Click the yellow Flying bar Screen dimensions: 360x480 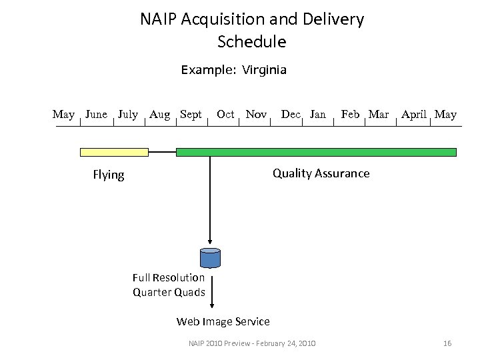pyautogui.click(x=113, y=152)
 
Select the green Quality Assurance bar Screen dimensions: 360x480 pyautogui.click(x=316, y=152)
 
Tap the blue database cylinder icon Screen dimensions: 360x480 pyautogui.click(x=211, y=257)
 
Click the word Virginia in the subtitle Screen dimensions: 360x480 pyautogui.click(x=264, y=69)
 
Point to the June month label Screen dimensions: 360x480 pyautogui.click(x=97, y=115)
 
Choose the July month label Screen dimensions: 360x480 pyautogui.click(x=128, y=115)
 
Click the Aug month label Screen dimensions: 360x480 pyautogui.click(x=159, y=115)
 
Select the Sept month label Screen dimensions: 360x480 pyautogui.click(x=191, y=115)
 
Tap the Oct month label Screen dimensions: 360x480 pyautogui.click(x=225, y=115)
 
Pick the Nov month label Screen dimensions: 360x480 pyautogui.click(x=256, y=115)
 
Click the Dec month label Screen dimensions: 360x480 pyautogui.click(x=291, y=115)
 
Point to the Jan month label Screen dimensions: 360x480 pyautogui.click(x=318, y=115)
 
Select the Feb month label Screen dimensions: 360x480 pyautogui.click(x=350, y=115)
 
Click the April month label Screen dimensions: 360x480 pyautogui.click(x=414, y=115)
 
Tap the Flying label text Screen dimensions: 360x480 pyautogui.click(x=109, y=175)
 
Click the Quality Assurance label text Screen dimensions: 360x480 pyautogui.click(x=321, y=173)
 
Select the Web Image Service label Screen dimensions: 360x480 pyautogui.click(x=223, y=322)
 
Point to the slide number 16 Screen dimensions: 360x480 pyautogui.click(x=447, y=343)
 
